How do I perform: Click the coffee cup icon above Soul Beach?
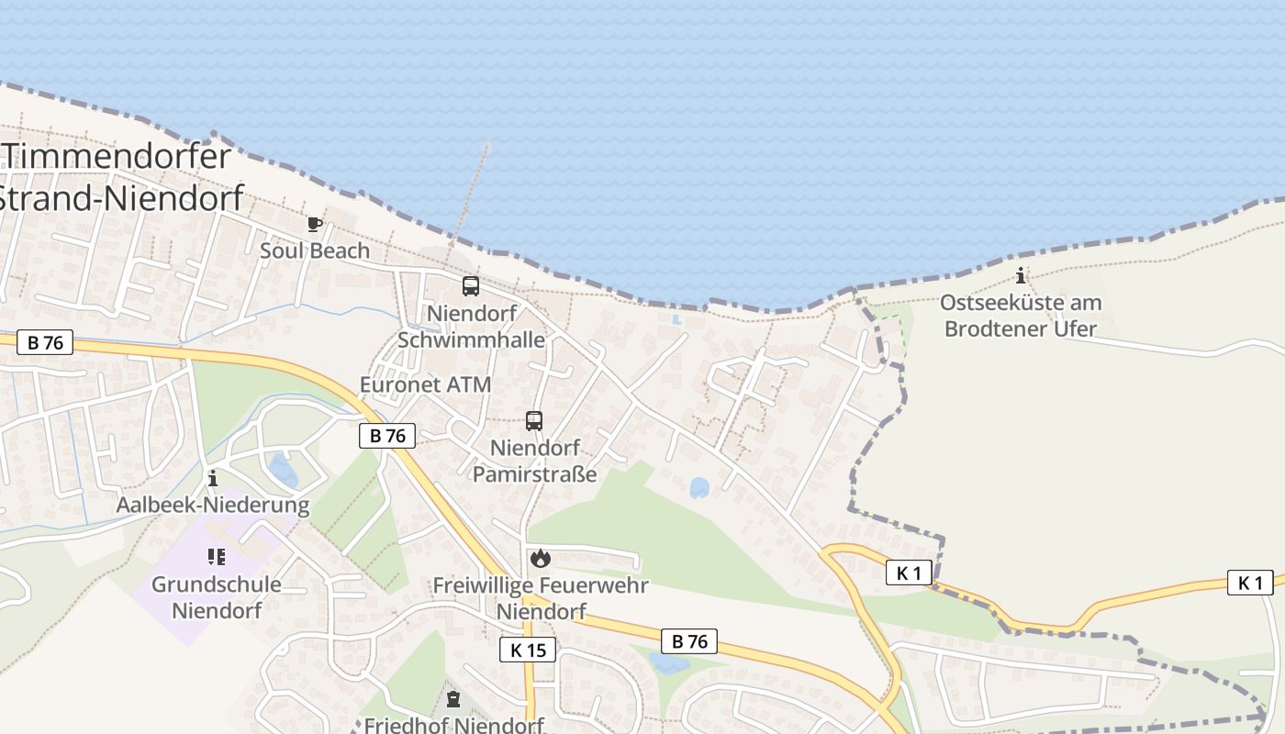coord(315,223)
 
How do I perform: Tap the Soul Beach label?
coord(315,250)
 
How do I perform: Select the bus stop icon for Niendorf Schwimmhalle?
coord(471,285)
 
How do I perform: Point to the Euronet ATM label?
coord(426,384)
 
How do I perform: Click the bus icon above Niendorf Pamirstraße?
coord(534,421)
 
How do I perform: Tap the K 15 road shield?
coord(528,651)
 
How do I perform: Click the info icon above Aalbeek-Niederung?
coord(213,478)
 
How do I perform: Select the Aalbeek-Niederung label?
coord(213,505)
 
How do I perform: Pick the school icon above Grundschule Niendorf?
coord(217,556)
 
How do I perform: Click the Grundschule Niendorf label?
coord(217,596)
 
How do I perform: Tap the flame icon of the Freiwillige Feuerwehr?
coord(541,557)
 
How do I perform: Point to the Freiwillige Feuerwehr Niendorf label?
coord(541,597)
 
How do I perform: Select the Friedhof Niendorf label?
coord(454,725)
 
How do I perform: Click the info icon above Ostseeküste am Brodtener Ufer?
coord(1021,276)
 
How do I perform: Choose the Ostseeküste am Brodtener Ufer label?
coord(1021,315)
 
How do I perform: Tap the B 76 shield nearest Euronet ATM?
coord(387,436)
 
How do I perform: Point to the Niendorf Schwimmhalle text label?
coord(472,326)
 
